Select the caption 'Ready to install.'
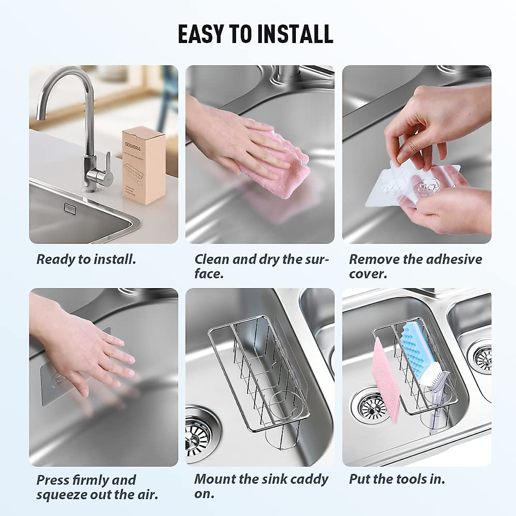point(86,259)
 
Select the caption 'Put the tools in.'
point(396,479)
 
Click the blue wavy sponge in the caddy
point(415,353)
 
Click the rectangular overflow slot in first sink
point(68,208)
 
